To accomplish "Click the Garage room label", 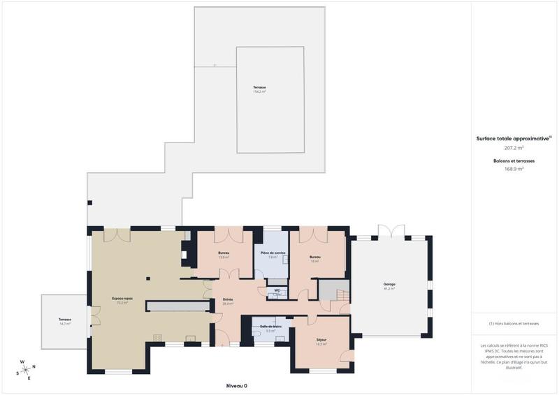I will coord(389,285).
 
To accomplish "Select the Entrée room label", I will coord(228,301).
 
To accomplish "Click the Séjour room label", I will coord(321,341).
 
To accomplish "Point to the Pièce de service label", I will coord(273,254).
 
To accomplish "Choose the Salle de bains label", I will coord(270,328).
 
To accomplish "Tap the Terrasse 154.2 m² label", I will coord(260,89).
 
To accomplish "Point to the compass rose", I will coord(25,369).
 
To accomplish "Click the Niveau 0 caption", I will coord(237,386).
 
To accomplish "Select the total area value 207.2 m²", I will coord(514,148).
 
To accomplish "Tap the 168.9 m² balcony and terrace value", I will coord(514,169).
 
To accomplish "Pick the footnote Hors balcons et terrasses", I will coord(514,324).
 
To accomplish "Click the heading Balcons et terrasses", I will coord(514,161).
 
